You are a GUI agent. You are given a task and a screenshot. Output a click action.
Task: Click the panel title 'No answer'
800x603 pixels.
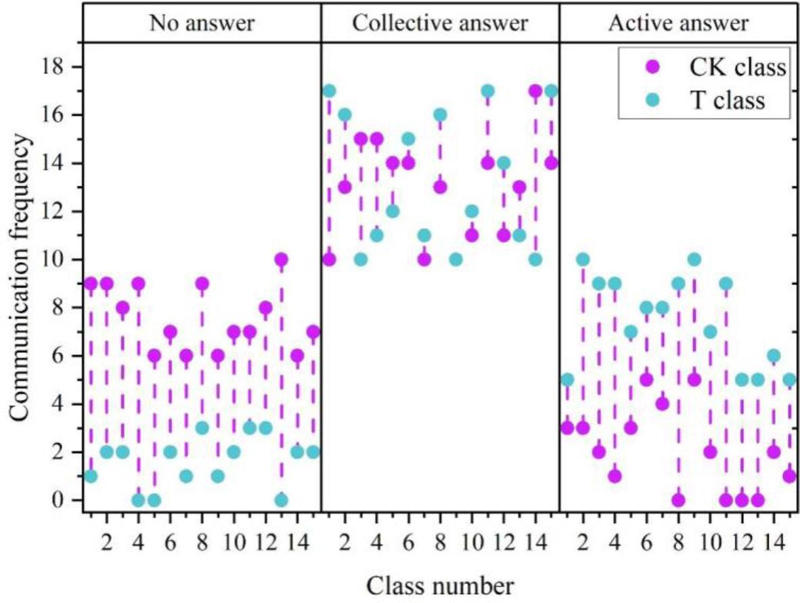[x=202, y=24]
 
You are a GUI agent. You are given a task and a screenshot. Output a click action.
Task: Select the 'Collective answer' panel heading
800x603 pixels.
[x=440, y=24]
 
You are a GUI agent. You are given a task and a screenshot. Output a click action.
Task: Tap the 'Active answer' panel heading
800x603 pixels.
[x=678, y=24]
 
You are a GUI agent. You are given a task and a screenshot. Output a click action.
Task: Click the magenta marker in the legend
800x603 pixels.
[x=654, y=68]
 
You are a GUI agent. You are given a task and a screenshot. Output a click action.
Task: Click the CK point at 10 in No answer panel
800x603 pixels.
[x=282, y=259]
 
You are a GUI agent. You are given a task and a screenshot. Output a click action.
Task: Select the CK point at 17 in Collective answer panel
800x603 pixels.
[x=535, y=91]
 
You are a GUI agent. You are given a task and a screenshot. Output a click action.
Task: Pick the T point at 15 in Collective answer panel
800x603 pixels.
[x=408, y=139]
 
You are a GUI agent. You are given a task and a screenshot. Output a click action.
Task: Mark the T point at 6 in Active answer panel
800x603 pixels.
[x=774, y=356]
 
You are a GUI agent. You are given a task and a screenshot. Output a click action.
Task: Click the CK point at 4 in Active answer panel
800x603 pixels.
[x=663, y=404]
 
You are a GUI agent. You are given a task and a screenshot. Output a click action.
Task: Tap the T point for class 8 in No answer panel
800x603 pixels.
[x=202, y=428]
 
